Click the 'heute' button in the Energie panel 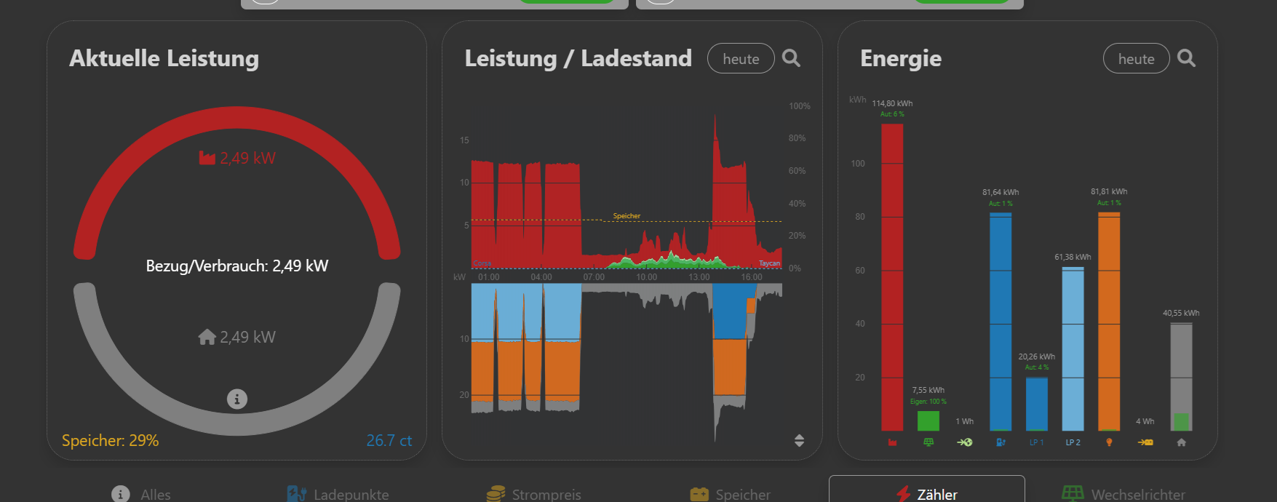click(x=1136, y=59)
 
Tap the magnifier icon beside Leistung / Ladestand click(x=791, y=58)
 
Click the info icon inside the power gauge click(x=236, y=399)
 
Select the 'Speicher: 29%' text click(x=110, y=441)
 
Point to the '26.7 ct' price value click(x=389, y=441)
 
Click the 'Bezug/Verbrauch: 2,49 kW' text click(x=236, y=266)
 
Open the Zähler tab click(x=926, y=493)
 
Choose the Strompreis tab click(x=534, y=494)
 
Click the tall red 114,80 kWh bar click(x=892, y=276)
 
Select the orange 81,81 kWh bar click(x=1109, y=320)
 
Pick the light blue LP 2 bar click(x=1073, y=349)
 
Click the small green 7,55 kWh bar click(x=928, y=421)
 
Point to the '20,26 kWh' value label click(x=1036, y=356)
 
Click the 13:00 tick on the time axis click(x=699, y=277)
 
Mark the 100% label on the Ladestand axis click(x=799, y=106)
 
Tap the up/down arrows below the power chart click(x=799, y=440)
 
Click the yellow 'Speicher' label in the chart click(x=626, y=216)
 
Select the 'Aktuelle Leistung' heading click(x=164, y=58)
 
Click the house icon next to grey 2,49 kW click(x=207, y=337)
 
